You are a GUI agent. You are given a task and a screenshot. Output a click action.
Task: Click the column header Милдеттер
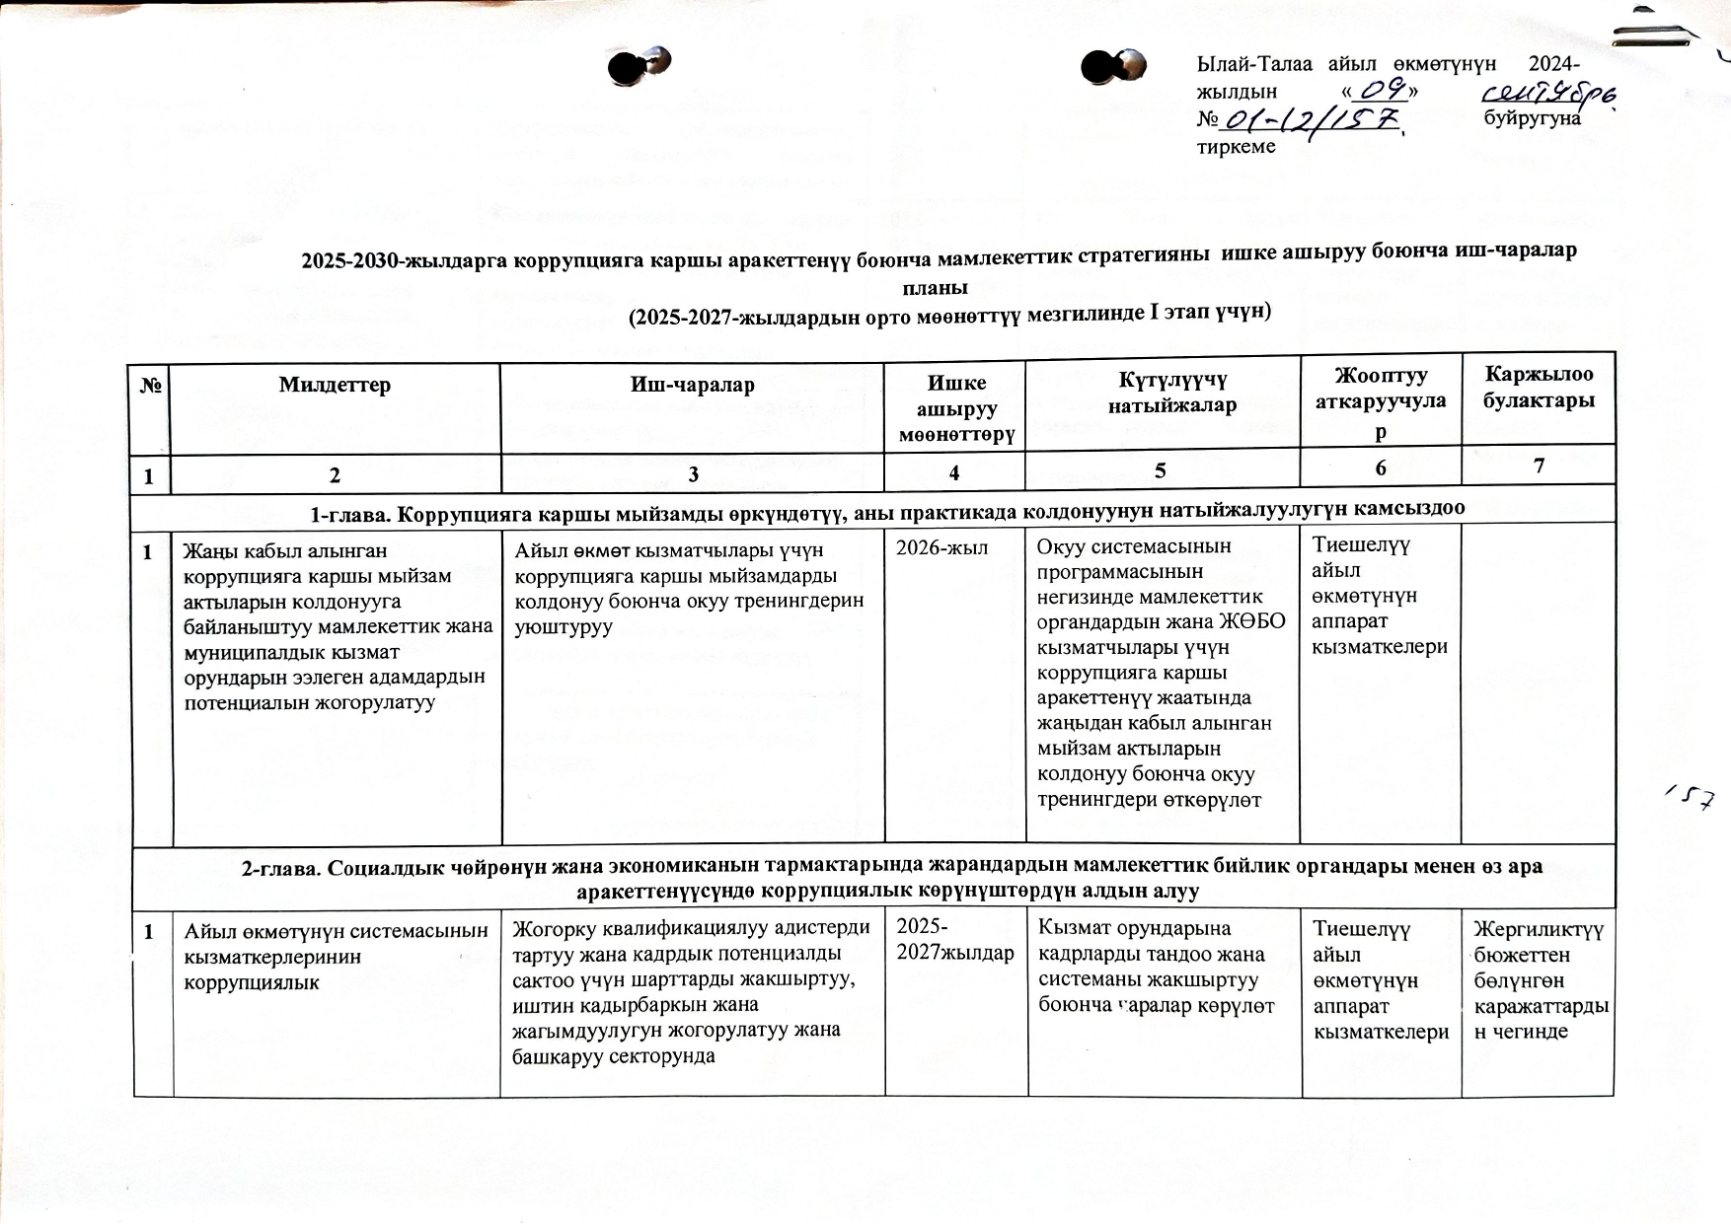click(x=335, y=385)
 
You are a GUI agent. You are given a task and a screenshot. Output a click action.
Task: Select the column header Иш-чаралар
click(x=692, y=385)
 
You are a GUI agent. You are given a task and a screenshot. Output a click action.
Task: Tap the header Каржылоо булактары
click(x=1539, y=388)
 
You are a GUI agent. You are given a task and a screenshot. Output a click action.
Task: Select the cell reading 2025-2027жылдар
click(x=954, y=940)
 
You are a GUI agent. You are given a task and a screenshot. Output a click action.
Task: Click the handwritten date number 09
click(x=1383, y=90)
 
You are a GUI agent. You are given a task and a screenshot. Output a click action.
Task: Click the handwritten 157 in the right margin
click(x=1692, y=798)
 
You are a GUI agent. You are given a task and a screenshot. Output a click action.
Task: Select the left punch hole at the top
click(x=637, y=66)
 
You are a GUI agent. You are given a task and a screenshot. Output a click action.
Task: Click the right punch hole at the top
click(x=1113, y=66)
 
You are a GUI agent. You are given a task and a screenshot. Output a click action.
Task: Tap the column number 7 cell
click(x=1539, y=467)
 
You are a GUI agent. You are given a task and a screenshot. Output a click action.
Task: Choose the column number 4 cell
click(x=954, y=472)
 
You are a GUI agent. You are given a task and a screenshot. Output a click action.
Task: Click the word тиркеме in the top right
click(x=1236, y=147)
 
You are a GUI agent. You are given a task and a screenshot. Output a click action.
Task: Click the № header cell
click(x=151, y=386)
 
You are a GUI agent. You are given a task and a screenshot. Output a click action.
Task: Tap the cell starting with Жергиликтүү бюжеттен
click(x=1539, y=979)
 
